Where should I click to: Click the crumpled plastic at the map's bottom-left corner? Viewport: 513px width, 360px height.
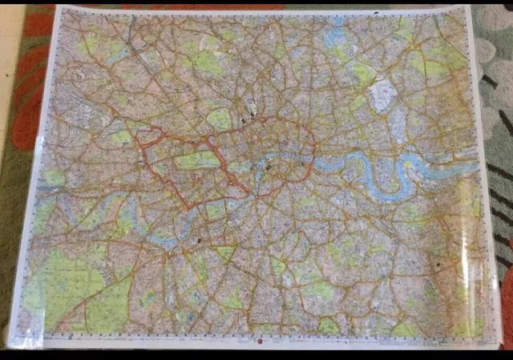24,338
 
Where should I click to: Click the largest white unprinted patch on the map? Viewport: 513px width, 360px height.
380,96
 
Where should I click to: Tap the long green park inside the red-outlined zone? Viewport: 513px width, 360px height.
196,160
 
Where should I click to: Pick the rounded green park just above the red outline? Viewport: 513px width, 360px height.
219,119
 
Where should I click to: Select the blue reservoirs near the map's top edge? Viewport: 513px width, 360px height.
337,36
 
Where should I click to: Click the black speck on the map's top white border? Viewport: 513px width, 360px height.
377,14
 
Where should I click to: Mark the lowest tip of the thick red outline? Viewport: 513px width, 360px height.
189,208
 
